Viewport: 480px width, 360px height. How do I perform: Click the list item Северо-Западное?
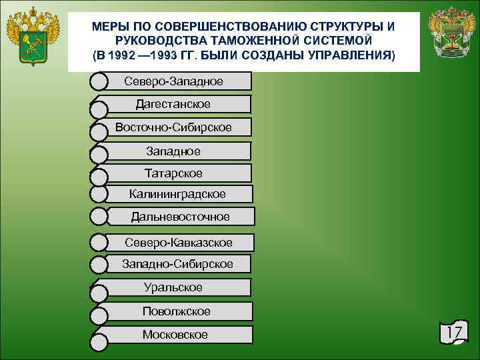173,81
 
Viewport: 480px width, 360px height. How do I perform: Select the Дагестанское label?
173,104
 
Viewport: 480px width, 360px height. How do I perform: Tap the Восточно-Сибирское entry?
173,127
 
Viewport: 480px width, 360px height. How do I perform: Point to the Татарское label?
173,173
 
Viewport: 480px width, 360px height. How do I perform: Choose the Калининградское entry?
177,194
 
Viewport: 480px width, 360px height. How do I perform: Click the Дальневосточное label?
180,217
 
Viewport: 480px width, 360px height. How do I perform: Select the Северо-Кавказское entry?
179,242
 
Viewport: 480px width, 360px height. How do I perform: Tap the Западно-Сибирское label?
177,264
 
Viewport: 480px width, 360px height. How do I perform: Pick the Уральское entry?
173,287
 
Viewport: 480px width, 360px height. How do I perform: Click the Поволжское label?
176,311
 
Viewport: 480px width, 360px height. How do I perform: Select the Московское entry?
175,335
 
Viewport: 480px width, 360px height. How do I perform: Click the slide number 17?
455,333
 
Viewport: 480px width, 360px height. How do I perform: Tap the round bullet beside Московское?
98,343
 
